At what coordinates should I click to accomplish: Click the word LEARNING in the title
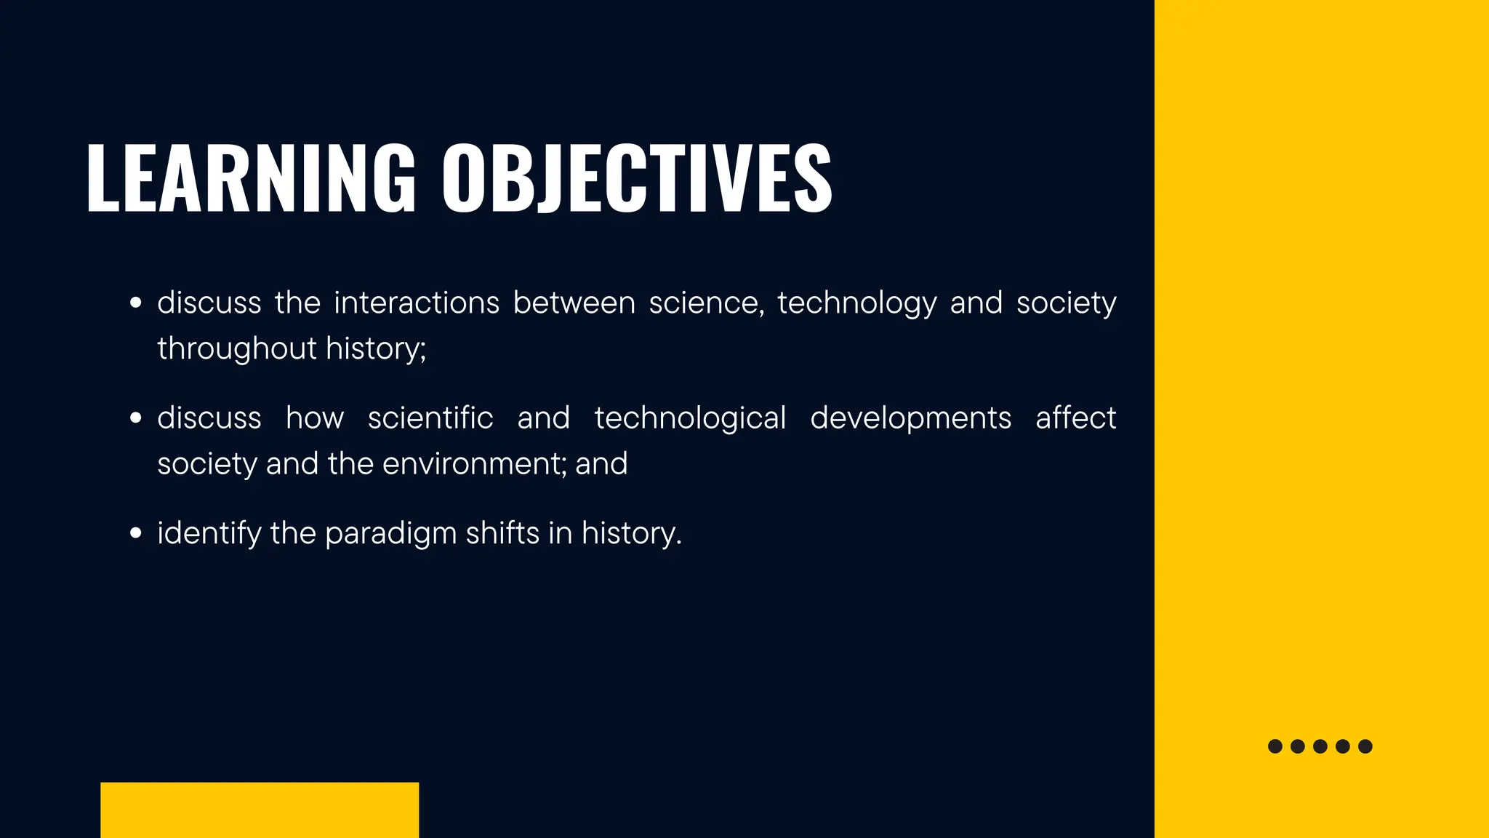(x=250, y=178)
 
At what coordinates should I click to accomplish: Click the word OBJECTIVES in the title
(x=637, y=178)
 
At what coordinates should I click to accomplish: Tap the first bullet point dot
(x=135, y=303)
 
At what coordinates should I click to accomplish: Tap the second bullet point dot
(x=135, y=418)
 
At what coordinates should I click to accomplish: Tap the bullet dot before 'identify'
(x=135, y=533)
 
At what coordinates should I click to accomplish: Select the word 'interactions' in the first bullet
(x=417, y=303)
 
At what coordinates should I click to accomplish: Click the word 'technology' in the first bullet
(x=857, y=303)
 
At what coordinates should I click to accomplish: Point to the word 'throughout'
(x=236, y=348)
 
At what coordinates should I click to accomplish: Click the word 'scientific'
(x=430, y=418)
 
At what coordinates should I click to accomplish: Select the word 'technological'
(x=690, y=418)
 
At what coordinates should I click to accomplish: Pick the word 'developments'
(x=910, y=418)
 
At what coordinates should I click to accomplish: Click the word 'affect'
(x=1075, y=418)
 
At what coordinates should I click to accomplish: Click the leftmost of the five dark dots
(x=1275, y=746)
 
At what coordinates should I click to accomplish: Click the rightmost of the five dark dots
(x=1365, y=746)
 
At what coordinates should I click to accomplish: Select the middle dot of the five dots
(x=1320, y=746)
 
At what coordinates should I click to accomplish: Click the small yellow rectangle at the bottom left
(x=260, y=810)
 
